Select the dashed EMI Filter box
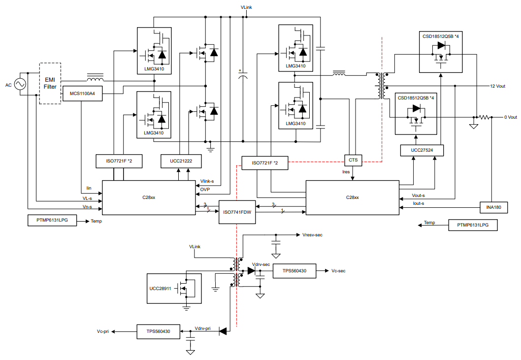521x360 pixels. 50,83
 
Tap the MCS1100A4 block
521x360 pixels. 82,94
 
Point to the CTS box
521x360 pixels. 353,160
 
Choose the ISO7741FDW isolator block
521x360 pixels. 237,212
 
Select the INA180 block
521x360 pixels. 493,207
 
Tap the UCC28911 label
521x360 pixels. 160,288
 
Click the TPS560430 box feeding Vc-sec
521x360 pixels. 294,271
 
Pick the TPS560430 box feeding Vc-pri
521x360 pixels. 158,331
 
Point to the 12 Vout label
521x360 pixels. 497,86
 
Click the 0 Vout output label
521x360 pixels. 510,117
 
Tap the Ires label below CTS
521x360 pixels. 346,172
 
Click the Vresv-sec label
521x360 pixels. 312,235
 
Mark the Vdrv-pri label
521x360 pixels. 202,328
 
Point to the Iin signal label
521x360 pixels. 89,188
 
